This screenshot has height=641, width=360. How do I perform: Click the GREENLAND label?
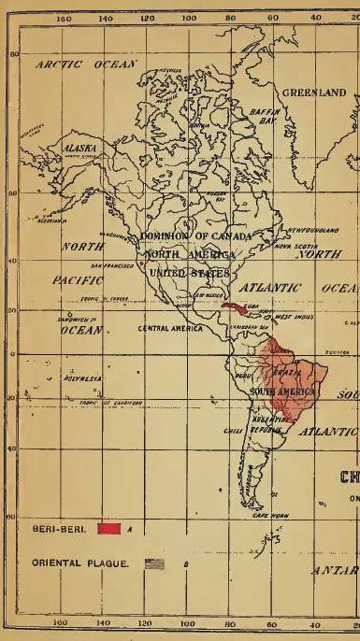click(x=314, y=93)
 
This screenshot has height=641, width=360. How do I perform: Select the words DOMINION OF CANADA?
click(x=195, y=237)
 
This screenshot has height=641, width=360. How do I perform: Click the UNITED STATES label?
click(x=189, y=273)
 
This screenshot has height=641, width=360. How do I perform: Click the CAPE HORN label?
click(x=270, y=515)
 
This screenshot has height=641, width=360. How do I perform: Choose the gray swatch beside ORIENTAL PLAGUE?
click(x=155, y=564)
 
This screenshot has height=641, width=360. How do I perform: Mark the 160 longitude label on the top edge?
click(x=65, y=18)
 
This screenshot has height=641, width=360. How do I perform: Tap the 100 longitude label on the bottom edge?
click(x=188, y=621)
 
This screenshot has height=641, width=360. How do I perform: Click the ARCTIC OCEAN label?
click(x=86, y=65)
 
